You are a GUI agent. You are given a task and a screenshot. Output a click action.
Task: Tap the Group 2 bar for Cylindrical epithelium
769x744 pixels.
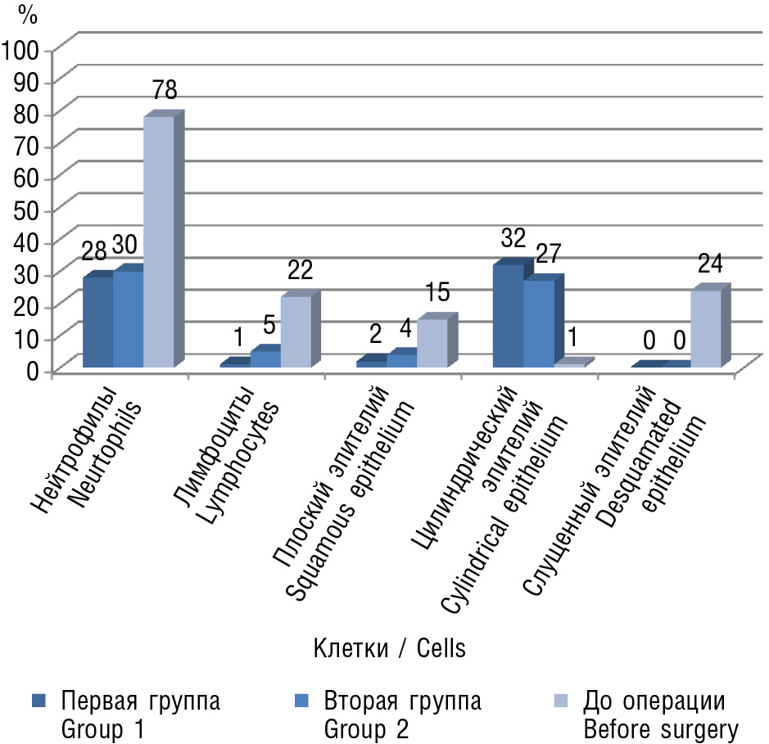click(538, 323)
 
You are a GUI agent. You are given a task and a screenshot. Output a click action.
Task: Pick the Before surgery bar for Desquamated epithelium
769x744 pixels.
click(705, 329)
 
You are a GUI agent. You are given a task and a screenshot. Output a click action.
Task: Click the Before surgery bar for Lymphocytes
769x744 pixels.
click(295, 331)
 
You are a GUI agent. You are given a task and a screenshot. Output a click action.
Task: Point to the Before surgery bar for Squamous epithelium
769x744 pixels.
click(432, 343)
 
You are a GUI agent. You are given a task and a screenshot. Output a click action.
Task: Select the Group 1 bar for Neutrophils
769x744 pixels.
click(97, 322)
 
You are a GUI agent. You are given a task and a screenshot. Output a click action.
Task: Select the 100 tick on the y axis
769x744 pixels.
click(21, 49)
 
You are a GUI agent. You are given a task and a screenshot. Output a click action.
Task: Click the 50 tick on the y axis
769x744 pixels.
click(27, 210)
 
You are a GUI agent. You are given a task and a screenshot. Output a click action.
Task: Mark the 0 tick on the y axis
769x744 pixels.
click(33, 370)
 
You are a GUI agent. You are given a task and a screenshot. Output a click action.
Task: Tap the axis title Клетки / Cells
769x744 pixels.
click(389, 650)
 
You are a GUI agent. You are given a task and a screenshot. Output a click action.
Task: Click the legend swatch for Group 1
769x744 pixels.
click(39, 701)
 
